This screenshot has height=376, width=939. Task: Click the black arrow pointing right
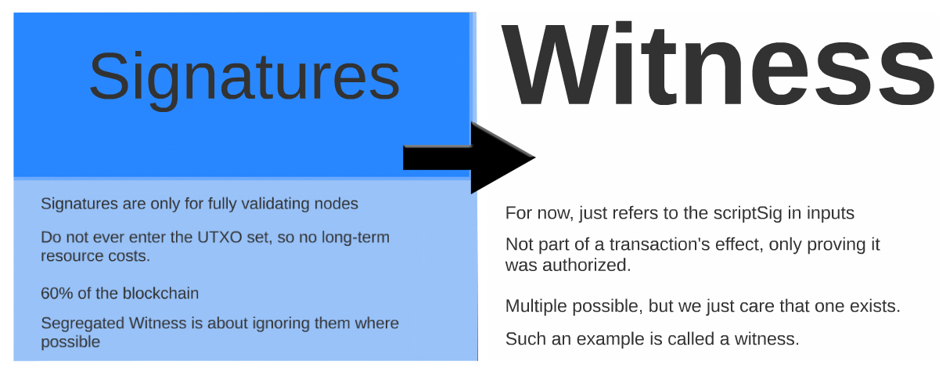469,157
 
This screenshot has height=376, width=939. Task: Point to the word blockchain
160,293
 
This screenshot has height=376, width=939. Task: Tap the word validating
275,204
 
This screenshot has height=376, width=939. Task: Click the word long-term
355,238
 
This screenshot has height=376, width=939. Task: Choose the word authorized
587,266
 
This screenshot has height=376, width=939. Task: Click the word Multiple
536,306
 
